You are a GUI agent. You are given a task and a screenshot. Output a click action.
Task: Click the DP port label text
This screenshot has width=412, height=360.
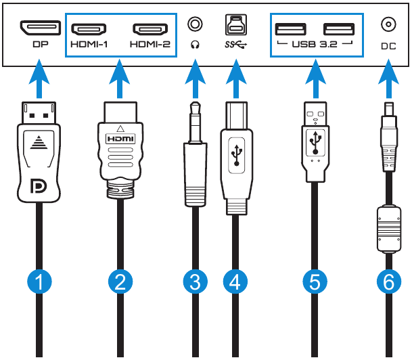(41, 48)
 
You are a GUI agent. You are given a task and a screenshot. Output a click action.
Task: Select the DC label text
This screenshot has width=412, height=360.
(388, 48)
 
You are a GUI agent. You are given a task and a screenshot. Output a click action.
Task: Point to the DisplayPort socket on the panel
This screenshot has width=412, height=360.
(41, 28)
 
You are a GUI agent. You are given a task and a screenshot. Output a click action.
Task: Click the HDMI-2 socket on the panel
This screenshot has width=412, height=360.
(150, 29)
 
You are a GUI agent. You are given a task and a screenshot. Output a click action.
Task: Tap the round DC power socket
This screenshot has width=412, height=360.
(388, 26)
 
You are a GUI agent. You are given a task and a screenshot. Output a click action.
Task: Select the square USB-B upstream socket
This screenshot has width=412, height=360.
(234, 25)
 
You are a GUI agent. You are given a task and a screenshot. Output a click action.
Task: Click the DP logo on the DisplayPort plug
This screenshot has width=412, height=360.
(41, 185)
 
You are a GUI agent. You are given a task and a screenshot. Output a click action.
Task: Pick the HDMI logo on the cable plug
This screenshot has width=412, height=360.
(119, 138)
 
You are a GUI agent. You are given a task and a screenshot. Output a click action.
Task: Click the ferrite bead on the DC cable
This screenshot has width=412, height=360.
(387, 229)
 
